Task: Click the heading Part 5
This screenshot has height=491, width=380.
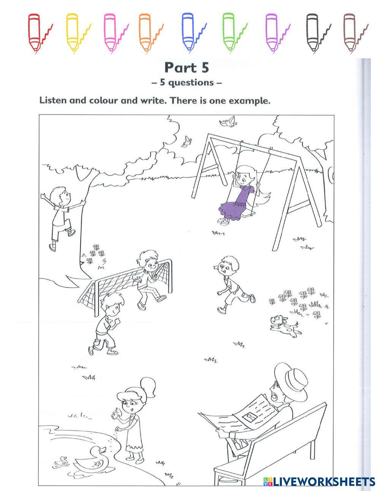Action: tap(187, 68)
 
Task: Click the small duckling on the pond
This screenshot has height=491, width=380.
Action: tap(61, 462)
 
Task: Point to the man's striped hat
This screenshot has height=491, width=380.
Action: tap(292, 381)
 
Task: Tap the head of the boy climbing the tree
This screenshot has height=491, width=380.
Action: tap(61, 196)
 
